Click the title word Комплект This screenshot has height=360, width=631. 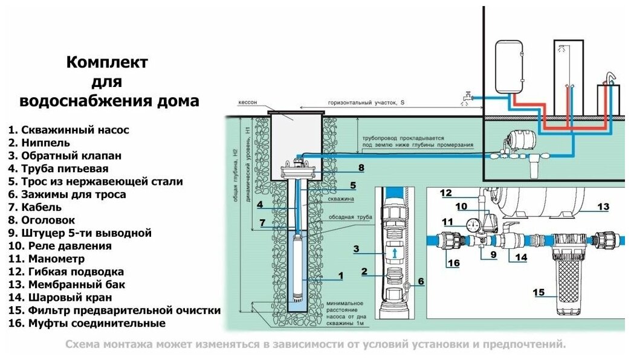(107, 62)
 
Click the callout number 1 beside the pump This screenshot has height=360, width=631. (340, 275)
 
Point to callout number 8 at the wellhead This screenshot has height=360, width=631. (361, 167)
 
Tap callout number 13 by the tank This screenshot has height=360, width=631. (603, 207)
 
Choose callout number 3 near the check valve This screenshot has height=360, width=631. (356, 248)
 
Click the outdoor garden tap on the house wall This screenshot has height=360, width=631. (467, 97)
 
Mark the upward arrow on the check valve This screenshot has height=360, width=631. (393, 252)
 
